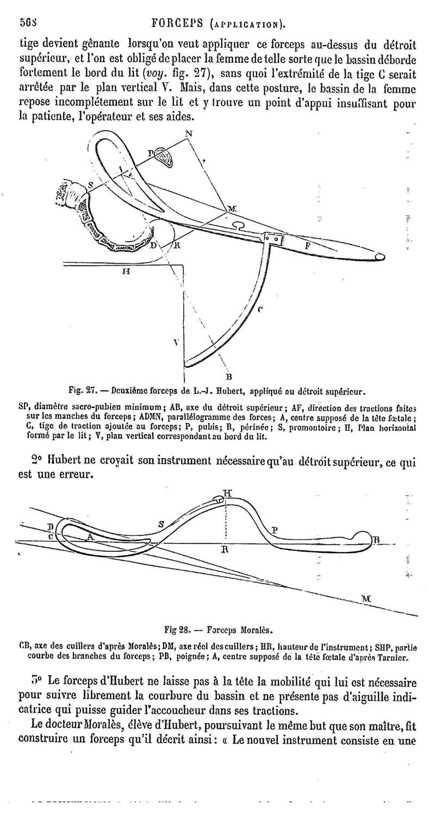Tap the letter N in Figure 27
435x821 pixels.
point(188,133)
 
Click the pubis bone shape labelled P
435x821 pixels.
point(163,156)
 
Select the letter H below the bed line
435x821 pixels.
point(126,273)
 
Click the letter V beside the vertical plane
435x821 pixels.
point(176,343)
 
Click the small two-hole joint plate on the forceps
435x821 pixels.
point(272,239)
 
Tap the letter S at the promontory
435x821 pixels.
point(90,185)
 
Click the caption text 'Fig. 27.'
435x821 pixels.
point(82,391)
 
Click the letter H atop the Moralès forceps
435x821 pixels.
point(228,493)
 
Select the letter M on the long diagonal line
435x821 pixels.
point(366,598)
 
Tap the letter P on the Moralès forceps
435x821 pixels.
point(275,529)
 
